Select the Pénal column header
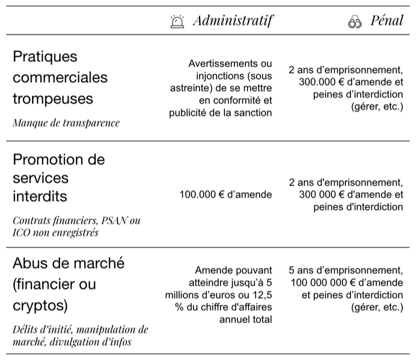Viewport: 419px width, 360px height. click(x=387, y=21)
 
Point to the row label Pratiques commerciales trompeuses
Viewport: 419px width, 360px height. click(x=60, y=78)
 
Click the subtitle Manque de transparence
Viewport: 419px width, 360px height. click(x=66, y=123)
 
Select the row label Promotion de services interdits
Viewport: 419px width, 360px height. click(x=58, y=178)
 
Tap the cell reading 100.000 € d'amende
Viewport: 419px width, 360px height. click(x=226, y=195)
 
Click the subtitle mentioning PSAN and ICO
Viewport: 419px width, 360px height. click(x=76, y=226)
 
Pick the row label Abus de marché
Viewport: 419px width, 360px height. click(x=68, y=263)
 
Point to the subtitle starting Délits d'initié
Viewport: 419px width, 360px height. click(x=80, y=335)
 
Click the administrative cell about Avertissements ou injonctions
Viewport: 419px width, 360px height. click(x=221, y=88)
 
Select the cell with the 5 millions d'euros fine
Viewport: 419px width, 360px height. click(x=219, y=295)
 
